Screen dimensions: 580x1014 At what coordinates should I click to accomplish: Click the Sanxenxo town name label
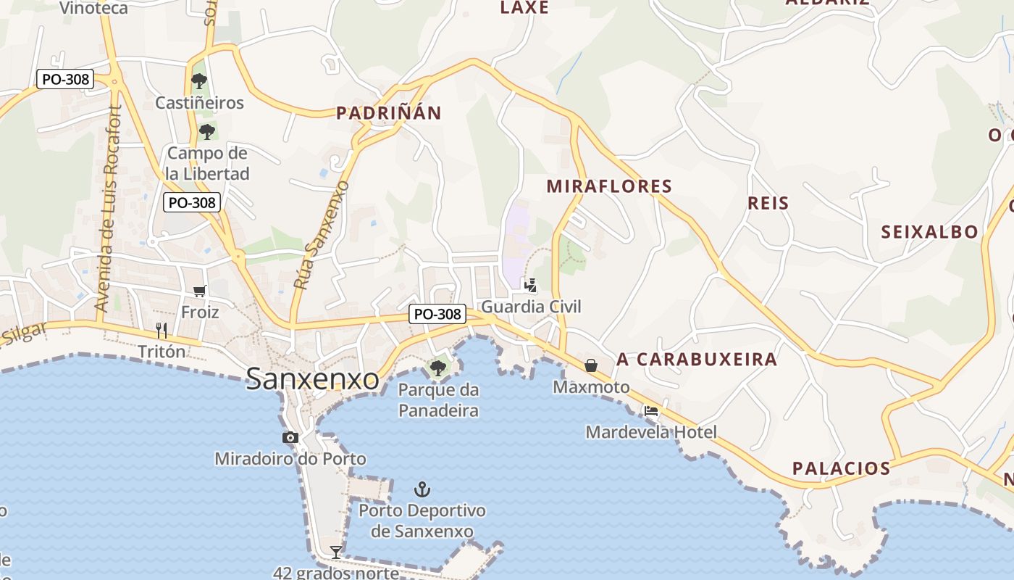pyautogui.click(x=312, y=378)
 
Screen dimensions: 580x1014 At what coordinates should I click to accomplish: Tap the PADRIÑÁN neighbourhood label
pyautogui.click(x=388, y=113)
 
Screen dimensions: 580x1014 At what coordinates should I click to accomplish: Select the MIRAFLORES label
pyautogui.click(x=609, y=186)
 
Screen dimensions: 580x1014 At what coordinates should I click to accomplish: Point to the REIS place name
pyautogui.click(x=768, y=203)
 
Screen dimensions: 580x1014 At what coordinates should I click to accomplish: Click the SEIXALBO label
pyautogui.click(x=929, y=232)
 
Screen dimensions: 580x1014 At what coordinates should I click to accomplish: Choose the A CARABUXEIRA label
pyautogui.click(x=697, y=360)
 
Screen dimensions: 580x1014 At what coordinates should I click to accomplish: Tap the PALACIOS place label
pyautogui.click(x=841, y=468)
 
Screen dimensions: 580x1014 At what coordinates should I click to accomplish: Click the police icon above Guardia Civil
pyautogui.click(x=531, y=285)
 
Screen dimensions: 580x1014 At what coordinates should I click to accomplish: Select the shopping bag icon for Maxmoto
pyautogui.click(x=591, y=365)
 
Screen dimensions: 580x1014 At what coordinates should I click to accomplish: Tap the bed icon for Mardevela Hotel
pyautogui.click(x=651, y=411)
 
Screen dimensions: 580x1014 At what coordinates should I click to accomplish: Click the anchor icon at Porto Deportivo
pyautogui.click(x=422, y=489)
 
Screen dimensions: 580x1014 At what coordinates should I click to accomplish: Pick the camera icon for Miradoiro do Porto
pyautogui.click(x=290, y=437)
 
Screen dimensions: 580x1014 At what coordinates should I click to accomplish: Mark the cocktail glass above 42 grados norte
pyautogui.click(x=336, y=552)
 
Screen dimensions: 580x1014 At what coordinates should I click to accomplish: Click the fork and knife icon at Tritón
pyautogui.click(x=162, y=331)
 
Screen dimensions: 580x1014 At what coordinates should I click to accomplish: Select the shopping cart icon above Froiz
pyautogui.click(x=200, y=291)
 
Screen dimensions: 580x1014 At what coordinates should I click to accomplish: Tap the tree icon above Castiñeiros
pyautogui.click(x=199, y=81)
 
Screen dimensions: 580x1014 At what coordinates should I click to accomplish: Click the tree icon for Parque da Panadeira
pyautogui.click(x=437, y=368)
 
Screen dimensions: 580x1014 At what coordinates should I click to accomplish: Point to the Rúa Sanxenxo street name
pyautogui.click(x=322, y=236)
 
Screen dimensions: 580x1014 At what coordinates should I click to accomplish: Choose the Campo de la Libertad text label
pyautogui.click(x=207, y=163)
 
